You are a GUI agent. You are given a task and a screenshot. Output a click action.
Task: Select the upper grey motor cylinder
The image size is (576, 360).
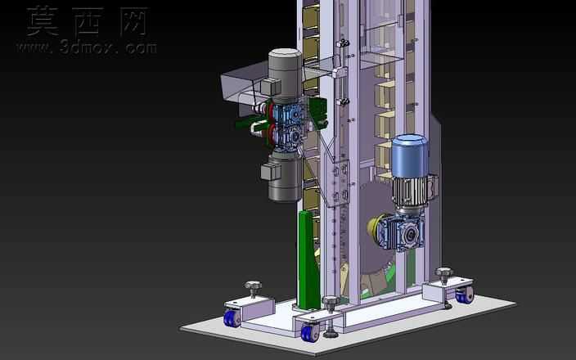(x=285, y=74)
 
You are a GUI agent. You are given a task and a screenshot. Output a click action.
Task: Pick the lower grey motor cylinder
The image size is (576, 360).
(x=285, y=178)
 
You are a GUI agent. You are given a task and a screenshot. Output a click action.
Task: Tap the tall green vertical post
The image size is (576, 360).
(x=308, y=259)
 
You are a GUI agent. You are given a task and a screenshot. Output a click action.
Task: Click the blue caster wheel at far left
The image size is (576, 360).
(x=232, y=318)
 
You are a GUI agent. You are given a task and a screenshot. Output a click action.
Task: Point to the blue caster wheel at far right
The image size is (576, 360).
(x=464, y=295)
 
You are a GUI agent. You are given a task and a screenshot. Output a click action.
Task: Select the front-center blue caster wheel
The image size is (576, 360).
(x=309, y=332)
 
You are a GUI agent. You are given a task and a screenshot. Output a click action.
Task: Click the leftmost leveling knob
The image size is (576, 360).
(x=253, y=285)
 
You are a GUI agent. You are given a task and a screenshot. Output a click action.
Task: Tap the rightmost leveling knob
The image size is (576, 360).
(x=444, y=272)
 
